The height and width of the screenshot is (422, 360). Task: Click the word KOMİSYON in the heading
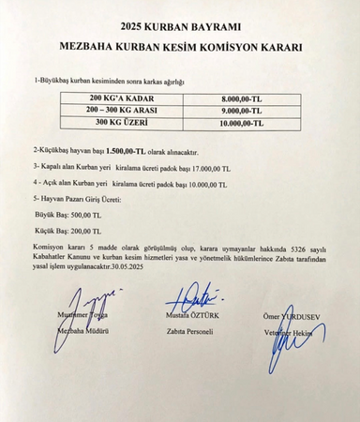226,45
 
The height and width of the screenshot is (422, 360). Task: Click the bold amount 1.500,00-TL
126,150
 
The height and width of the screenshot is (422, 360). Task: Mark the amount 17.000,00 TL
205,167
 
